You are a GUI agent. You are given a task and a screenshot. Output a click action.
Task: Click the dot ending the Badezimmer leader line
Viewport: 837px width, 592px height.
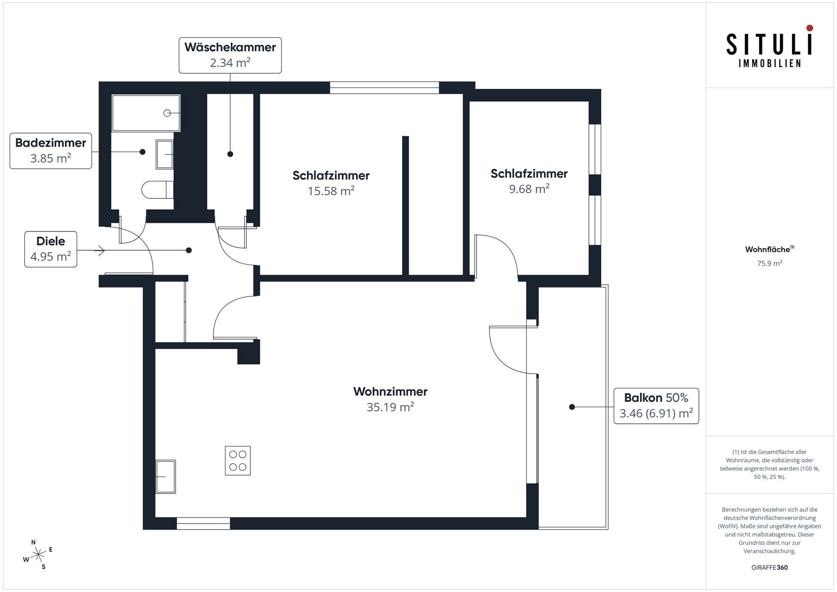point(143,152)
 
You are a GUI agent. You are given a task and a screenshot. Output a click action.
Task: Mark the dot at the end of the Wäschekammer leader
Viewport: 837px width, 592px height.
point(230,154)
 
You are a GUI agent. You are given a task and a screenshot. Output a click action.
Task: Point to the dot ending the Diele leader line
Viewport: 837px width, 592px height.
point(189,250)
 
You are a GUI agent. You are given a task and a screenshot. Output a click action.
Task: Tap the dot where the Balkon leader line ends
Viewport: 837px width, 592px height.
point(572,407)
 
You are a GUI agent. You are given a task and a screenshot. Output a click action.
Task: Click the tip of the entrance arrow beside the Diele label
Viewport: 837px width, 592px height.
point(105,251)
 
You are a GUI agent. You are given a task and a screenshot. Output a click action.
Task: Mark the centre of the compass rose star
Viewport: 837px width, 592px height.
point(38,555)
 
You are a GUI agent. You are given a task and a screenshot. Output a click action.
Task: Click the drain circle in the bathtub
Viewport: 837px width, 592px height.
point(167,113)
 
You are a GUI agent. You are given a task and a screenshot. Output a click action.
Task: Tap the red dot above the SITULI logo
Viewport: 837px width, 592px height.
point(810,28)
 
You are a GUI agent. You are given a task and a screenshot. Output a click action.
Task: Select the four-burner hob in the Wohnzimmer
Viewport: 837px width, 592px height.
point(238,460)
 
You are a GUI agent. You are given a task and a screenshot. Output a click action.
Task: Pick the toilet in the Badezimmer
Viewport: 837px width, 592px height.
point(157,190)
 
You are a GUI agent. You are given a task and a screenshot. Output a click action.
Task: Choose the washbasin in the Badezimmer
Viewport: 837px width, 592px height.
point(165,154)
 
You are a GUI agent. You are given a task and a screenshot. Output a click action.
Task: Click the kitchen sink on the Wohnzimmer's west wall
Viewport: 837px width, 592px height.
point(166,476)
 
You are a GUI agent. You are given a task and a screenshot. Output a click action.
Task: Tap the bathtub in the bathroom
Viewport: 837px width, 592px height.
point(146,113)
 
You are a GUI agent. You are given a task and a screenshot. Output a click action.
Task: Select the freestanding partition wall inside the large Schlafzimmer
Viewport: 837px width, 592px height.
point(405,205)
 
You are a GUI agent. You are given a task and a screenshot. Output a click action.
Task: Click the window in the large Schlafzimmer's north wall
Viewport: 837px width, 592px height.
point(384,88)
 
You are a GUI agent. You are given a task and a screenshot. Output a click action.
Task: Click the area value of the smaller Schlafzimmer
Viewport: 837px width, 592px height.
point(529,189)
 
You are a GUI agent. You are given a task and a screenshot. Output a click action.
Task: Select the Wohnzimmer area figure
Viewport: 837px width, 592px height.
point(390,407)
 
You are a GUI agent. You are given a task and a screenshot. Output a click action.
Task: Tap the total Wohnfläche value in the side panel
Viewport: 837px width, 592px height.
point(769,263)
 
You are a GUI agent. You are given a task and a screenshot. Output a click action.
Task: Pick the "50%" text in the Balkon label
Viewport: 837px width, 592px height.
point(677,398)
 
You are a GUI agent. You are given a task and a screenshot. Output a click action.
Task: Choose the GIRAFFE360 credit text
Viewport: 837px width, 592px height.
point(769,567)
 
